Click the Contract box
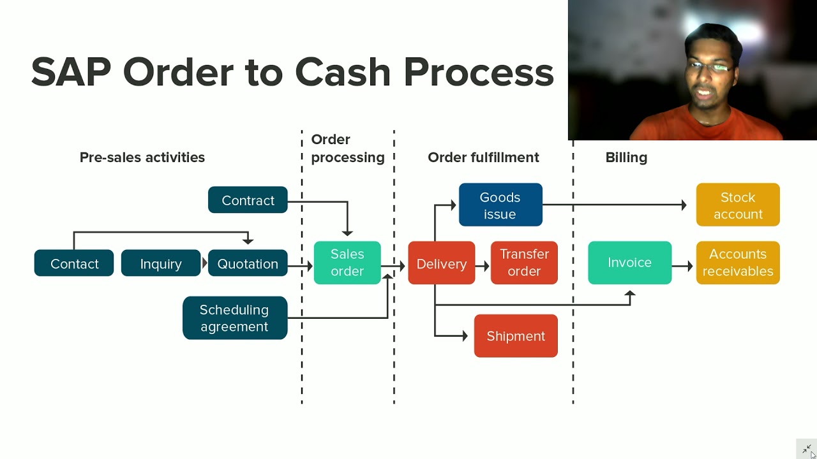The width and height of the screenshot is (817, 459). coord(248,200)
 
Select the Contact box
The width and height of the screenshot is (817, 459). coord(74,263)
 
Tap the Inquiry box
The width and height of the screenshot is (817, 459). coord(161,263)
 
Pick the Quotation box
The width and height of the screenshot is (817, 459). coord(248,263)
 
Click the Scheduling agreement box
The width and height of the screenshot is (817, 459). coord(235,318)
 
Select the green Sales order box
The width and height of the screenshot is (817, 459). coord(347,263)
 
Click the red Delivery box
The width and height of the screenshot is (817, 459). coord(442,263)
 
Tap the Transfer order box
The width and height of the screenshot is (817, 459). coord(524,263)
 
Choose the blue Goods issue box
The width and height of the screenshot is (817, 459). coord(500,205)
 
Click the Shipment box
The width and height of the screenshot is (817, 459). coord(516,336)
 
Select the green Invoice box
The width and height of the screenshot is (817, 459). coord(629,263)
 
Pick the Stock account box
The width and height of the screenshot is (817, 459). coord(738,205)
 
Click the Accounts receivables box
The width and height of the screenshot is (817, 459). coord(738,263)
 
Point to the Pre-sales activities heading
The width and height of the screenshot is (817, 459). coord(142,157)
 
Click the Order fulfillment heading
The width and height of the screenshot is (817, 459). coord(483,157)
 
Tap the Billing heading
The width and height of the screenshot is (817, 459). coord(626,157)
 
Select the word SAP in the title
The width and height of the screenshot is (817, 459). coord(71,72)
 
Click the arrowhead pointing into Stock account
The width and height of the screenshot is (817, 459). coord(684,205)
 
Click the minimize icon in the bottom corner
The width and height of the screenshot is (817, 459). coord(807,449)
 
